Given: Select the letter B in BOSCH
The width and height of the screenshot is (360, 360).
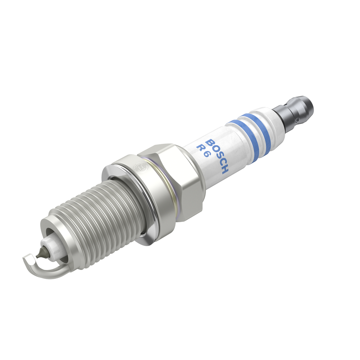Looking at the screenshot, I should point(211,142).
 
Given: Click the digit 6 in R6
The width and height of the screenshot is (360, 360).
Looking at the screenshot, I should point(205,155).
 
